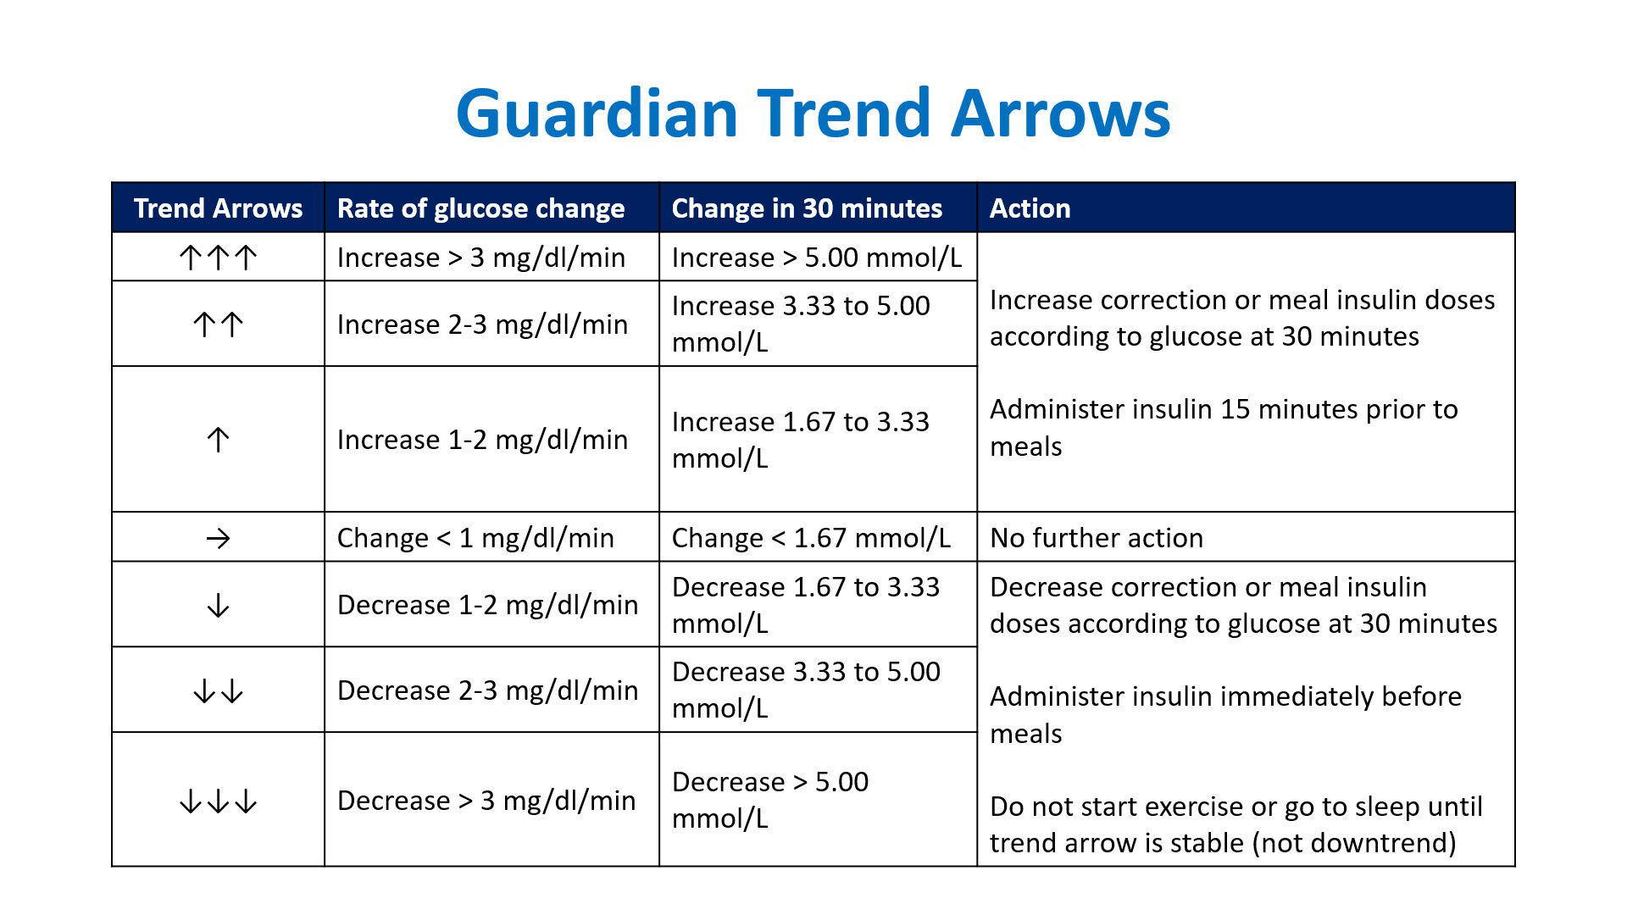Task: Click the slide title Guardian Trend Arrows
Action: click(813, 113)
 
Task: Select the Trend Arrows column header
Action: click(218, 208)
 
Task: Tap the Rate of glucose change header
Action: click(480, 208)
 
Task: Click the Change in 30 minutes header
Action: click(807, 208)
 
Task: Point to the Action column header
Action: click(1030, 208)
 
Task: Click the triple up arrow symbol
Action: click(218, 258)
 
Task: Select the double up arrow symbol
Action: click(218, 324)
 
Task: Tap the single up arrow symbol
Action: click(218, 439)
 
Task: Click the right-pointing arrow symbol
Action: click(218, 538)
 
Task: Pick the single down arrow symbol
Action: click(218, 605)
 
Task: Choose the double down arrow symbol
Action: click(218, 690)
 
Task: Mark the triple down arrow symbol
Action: click(218, 801)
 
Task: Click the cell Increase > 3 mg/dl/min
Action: click(481, 258)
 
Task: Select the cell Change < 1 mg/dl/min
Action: click(475, 538)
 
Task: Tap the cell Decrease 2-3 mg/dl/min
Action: click(487, 690)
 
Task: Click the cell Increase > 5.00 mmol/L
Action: click(817, 258)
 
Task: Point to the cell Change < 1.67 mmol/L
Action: click(811, 538)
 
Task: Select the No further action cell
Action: click(1097, 538)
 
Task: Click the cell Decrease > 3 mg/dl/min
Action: click(486, 801)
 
